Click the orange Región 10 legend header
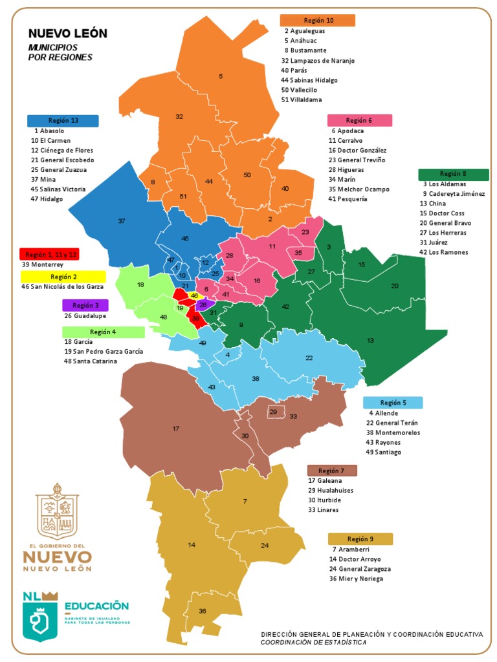coord(317,20)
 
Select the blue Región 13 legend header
coord(63,120)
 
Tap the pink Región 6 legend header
coord(359,120)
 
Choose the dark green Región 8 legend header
coord(453,174)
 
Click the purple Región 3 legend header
coord(85,304)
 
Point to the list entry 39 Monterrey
coord(43,264)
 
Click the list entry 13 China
coord(433,204)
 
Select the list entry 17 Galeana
coord(325,481)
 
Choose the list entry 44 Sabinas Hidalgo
coord(309,80)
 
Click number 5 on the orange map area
coord(221,76)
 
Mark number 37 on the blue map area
coord(121,221)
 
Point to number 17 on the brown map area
coord(175,429)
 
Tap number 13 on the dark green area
coord(370,340)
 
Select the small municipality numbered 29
coord(273,412)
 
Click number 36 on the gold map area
coord(203,611)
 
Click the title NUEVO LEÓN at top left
coord(67,34)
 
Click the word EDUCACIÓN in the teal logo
coord(96,606)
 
